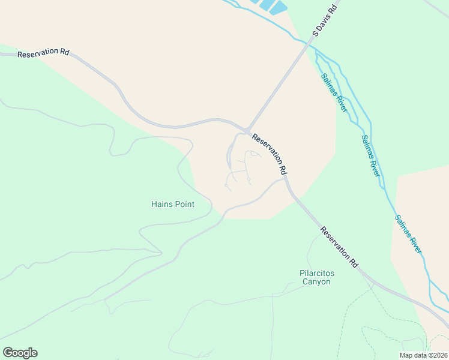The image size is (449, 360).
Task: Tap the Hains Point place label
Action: point(173,204)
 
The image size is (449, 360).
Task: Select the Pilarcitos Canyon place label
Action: point(316,277)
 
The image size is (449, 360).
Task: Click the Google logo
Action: point(20,353)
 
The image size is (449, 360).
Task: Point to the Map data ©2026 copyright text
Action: point(424,355)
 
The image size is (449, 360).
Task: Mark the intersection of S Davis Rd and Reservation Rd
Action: point(247,130)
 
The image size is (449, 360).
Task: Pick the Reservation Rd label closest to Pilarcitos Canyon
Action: point(339,247)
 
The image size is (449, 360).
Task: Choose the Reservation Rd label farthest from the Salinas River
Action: point(43,53)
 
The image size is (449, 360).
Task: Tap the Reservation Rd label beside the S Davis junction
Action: point(270,154)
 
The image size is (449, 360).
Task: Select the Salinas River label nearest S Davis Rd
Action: point(334,92)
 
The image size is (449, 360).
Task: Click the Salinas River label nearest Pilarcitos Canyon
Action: point(408,233)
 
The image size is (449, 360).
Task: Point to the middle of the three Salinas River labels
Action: point(370,155)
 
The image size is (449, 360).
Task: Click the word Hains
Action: point(162,204)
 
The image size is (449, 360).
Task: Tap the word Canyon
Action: point(316,282)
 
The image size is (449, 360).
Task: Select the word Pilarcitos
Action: point(316,273)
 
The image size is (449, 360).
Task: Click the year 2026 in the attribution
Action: point(439,355)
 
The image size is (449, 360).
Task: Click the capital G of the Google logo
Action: point(8,352)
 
